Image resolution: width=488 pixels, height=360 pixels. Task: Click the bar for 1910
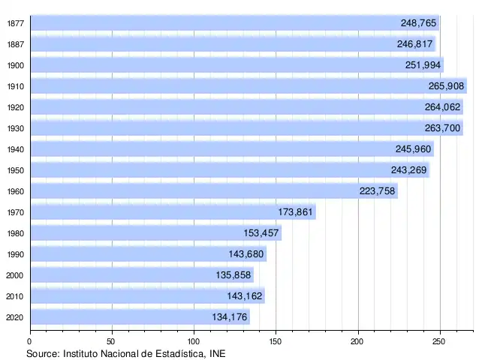click(248, 86)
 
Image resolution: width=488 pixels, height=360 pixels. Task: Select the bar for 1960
click(213, 191)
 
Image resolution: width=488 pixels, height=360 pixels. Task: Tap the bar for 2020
click(140, 317)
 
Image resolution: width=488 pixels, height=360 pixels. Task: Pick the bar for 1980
click(155, 233)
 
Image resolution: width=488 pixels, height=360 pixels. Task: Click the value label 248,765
click(419, 23)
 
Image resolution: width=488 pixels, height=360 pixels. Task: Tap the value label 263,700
click(443, 128)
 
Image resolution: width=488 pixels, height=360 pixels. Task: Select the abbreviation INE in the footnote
click(216, 352)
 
